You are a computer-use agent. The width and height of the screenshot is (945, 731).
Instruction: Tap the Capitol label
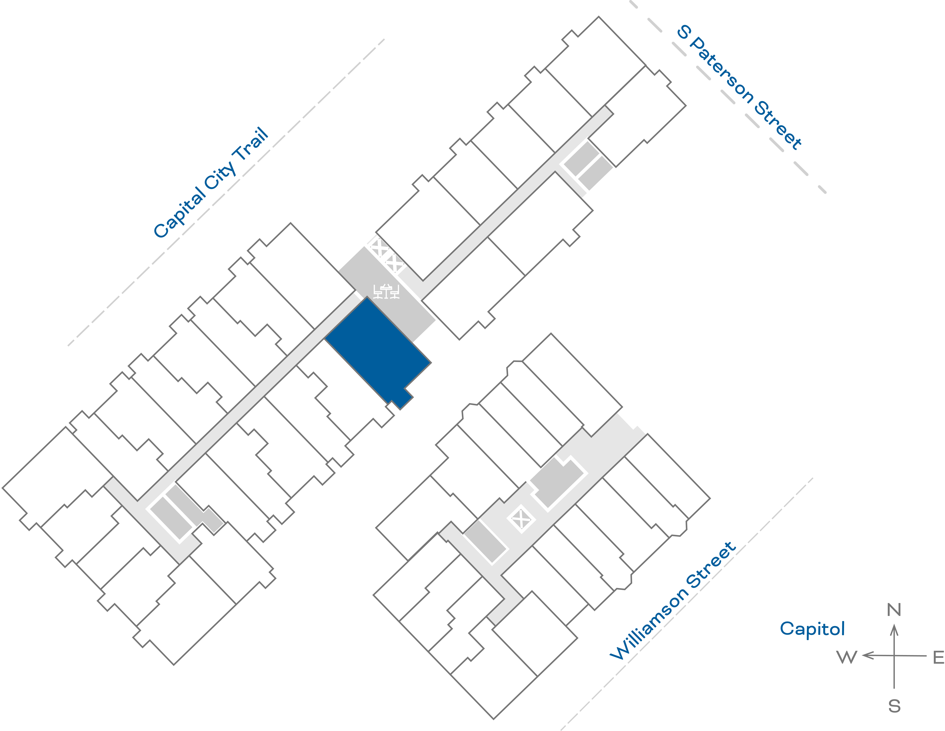[x=812, y=628]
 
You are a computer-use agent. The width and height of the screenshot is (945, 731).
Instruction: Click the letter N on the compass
[x=894, y=610]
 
